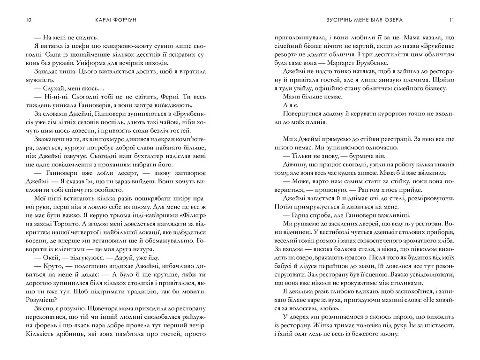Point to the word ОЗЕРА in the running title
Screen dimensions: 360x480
393,20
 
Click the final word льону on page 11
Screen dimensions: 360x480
387,334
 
